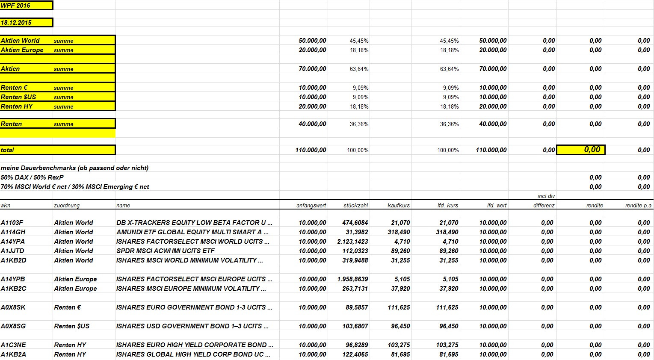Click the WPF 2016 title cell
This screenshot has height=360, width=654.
(15, 6)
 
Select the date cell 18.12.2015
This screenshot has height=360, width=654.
(16, 23)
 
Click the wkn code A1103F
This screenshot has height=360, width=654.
(12, 223)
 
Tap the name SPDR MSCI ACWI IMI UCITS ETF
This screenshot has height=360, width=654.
(166, 251)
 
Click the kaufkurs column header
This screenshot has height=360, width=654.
(399, 206)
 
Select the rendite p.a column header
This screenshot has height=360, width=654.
(638, 206)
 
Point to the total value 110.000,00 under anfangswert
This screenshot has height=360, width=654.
(311, 150)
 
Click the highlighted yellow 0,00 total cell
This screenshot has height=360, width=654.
(581, 150)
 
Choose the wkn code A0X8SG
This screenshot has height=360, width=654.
(13, 326)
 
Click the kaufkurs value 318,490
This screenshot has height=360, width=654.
(399, 232)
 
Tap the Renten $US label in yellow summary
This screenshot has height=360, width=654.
(18, 97)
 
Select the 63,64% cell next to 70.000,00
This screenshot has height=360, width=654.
(359, 69)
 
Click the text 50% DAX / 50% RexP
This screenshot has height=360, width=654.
(32, 177)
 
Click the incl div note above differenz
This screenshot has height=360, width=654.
(546, 196)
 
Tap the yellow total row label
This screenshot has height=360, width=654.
(7, 150)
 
